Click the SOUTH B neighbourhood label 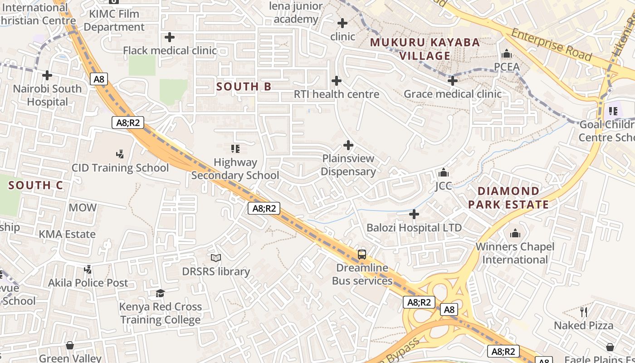(x=244, y=86)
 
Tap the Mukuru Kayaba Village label (x=425, y=49)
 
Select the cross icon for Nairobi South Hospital (x=47, y=75)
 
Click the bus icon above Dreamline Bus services (x=362, y=255)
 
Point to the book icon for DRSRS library (x=216, y=258)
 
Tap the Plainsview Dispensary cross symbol (x=348, y=145)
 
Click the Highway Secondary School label (x=235, y=168)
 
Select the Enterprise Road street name (x=551, y=44)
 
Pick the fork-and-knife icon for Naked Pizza (x=584, y=312)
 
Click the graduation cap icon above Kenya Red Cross (x=160, y=293)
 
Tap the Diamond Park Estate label (x=508, y=197)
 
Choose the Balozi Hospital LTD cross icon (x=414, y=214)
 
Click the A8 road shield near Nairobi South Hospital (x=99, y=79)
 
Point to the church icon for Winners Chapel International (x=515, y=233)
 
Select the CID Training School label (x=120, y=168)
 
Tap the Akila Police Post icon (x=88, y=270)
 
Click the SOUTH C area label (x=35, y=185)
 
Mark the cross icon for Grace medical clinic (x=452, y=81)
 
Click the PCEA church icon (x=507, y=54)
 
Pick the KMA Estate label (x=67, y=234)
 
